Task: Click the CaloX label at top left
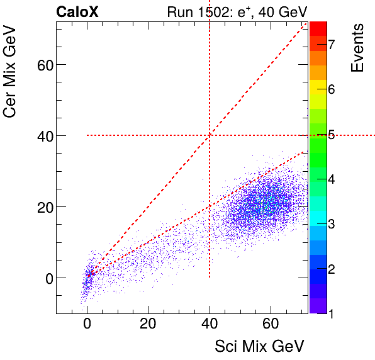click(x=76, y=11)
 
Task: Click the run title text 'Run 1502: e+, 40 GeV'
click(x=237, y=11)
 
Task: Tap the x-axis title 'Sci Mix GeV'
click(x=260, y=346)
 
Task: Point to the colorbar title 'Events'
click(x=357, y=48)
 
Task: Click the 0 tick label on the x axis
click(x=87, y=324)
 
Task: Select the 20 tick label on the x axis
click(x=148, y=324)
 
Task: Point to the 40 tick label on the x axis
click(x=210, y=324)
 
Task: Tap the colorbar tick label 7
click(x=331, y=43)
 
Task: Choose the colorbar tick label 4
click(x=331, y=179)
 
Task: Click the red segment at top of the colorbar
click(x=318, y=28)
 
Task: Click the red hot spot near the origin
click(x=90, y=274)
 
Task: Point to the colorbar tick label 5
click(x=331, y=134)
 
